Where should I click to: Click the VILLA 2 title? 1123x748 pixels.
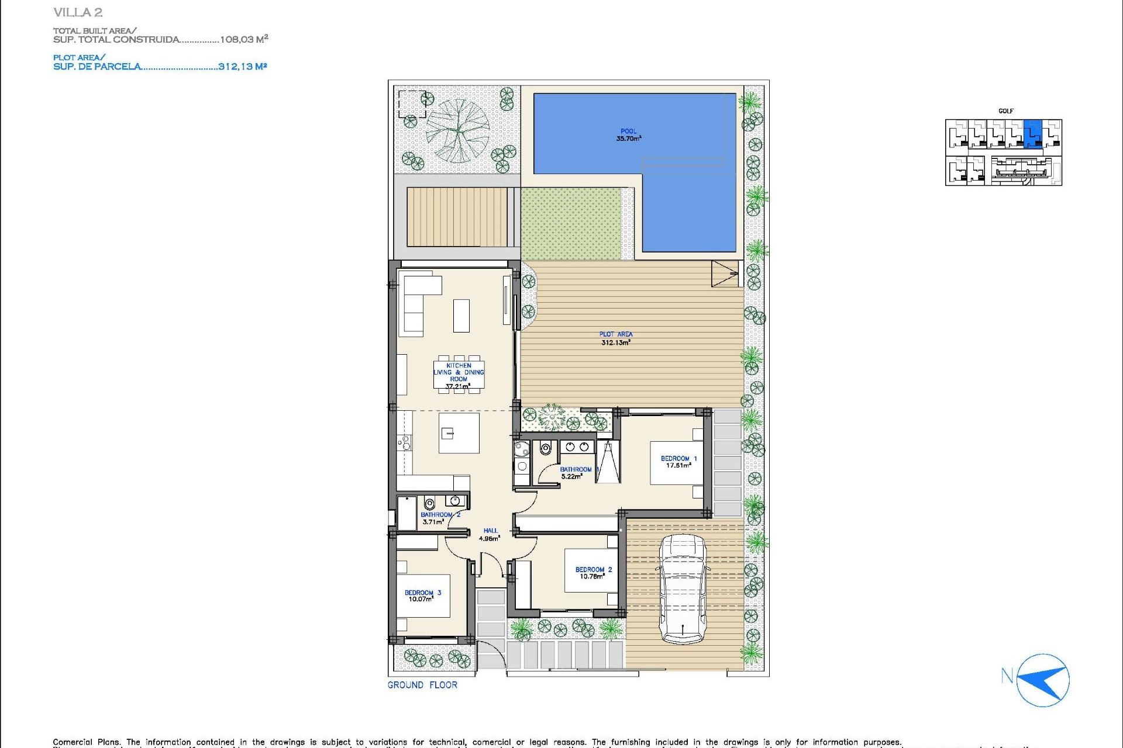pos(78,12)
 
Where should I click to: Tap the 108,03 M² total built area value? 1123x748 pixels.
pos(243,39)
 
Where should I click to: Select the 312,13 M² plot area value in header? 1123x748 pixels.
pos(242,67)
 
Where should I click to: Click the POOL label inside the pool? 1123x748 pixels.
pos(628,135)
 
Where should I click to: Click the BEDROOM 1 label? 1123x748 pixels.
pos(678,462)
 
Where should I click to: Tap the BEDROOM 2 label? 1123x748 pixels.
pos(593,573)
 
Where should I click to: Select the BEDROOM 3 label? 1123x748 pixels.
pos(423,595)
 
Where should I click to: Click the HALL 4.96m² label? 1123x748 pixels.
pos(490,535)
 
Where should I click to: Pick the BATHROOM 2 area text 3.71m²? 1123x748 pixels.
pos(433,522)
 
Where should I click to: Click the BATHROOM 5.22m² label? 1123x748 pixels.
pos(576,473)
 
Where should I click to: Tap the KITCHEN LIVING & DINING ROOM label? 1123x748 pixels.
pos(459,375)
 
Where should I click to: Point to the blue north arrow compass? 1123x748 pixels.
pos(1043,680)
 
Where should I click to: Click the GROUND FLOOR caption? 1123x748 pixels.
pos(422,685)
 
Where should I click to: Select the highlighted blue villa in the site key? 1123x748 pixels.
pos(1033,133)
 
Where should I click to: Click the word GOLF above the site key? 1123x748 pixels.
pos(1005,111)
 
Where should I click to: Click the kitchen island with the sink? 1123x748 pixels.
pos(459,433)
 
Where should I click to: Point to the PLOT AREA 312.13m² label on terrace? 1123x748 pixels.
pos(615,338)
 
